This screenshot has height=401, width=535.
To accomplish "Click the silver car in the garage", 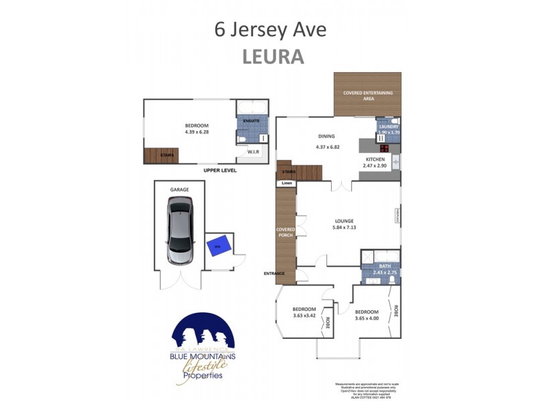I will point(179,234).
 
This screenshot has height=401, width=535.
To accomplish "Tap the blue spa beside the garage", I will point(218,245).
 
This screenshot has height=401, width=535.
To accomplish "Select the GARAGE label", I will point(179,190).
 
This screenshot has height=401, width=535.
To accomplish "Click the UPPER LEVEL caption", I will point(220,171).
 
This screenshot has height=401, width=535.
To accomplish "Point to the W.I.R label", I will point(253,152).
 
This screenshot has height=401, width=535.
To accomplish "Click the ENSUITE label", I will point(251,121).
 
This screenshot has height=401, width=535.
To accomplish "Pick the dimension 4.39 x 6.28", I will point(197,132).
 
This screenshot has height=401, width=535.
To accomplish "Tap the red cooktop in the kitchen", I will point(385,148).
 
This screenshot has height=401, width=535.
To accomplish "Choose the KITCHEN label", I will point(374,159).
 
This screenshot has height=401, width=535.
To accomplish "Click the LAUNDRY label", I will point(389,126).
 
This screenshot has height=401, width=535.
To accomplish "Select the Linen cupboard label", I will point(286,183).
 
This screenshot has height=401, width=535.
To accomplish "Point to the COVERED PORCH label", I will point(286,232).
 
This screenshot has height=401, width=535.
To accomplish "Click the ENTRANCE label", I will point(274,273).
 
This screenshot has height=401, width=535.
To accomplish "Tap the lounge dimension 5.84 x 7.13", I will point(344,227).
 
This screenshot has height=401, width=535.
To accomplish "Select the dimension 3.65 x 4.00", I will point(366,318).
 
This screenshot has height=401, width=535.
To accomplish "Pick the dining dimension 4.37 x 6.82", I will point(327,147).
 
